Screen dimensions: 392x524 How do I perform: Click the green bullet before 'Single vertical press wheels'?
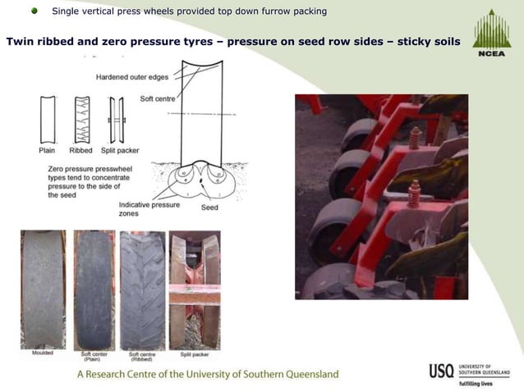tap(34, 11)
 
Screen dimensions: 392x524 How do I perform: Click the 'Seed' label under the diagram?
tap(210, 207)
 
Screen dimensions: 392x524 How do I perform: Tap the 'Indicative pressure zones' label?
tap(149, 208)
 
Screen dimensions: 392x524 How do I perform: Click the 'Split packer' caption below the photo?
tap(194, 353)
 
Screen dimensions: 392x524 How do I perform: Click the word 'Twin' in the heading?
tap(21, 41)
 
